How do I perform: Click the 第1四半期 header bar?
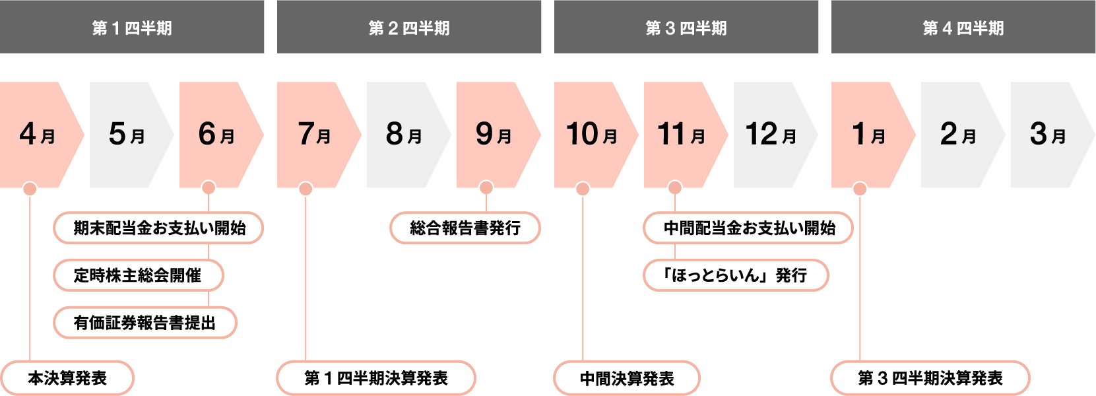point(132,27)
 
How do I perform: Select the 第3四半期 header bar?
point(686,27)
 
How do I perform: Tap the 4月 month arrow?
point(38,135)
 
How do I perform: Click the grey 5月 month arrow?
point(128,135)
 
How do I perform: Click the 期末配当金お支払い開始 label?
point(158,228)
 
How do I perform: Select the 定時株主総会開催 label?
point(139,275)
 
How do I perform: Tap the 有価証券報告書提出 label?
point(145,323)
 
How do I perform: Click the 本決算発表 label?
point(67,378)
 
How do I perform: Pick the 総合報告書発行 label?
point(465,228)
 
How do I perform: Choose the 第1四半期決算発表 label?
point(376,378)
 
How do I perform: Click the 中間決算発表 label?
point(627,378)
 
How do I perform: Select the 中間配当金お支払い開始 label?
point(748,228)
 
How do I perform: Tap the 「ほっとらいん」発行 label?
point(736,275)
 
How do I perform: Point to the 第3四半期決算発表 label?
point(930,378)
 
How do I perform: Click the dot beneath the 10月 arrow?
point(583,189)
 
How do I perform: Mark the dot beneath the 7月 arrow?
point(306,189)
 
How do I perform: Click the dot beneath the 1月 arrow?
point(860,189)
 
